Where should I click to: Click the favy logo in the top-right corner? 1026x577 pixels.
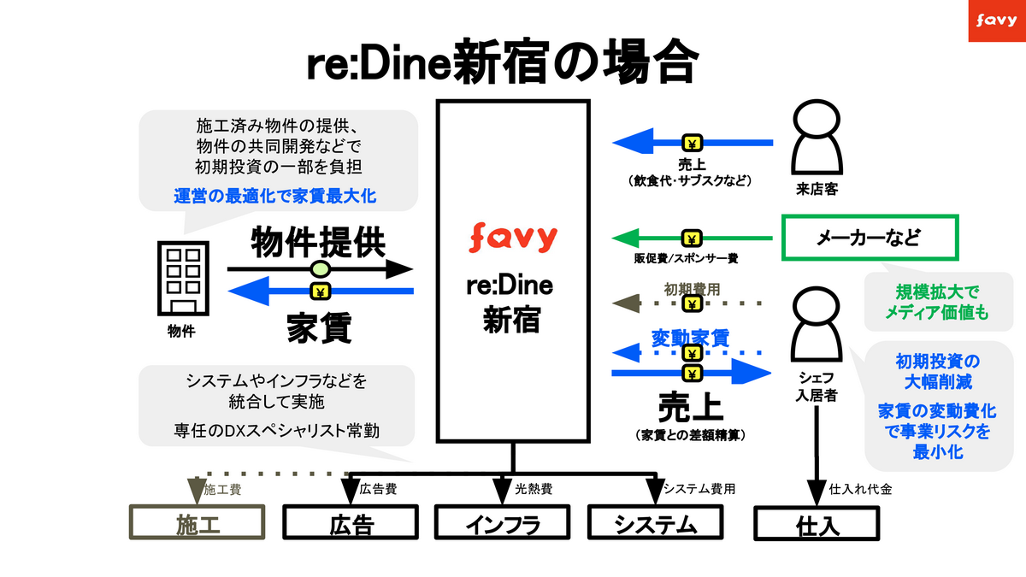(x=993, y=21)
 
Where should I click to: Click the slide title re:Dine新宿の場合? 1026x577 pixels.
(x=503, y=62)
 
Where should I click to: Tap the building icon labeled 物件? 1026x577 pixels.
(x=180, y=279)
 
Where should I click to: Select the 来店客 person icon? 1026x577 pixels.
(x=813, y=137)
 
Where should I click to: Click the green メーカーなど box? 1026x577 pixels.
(x=871, y=238)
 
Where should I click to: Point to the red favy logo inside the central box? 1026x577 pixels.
(x=513, y=236)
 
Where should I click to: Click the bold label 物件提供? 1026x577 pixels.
(x=318, y=244)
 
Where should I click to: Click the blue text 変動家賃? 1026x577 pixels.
(x=691, y=337)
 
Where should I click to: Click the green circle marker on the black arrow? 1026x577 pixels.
(x=319, y=270)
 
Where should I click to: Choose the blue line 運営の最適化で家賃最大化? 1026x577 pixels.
(x=275, y=196)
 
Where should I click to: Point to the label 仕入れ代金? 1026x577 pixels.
(x=861, y=491)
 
